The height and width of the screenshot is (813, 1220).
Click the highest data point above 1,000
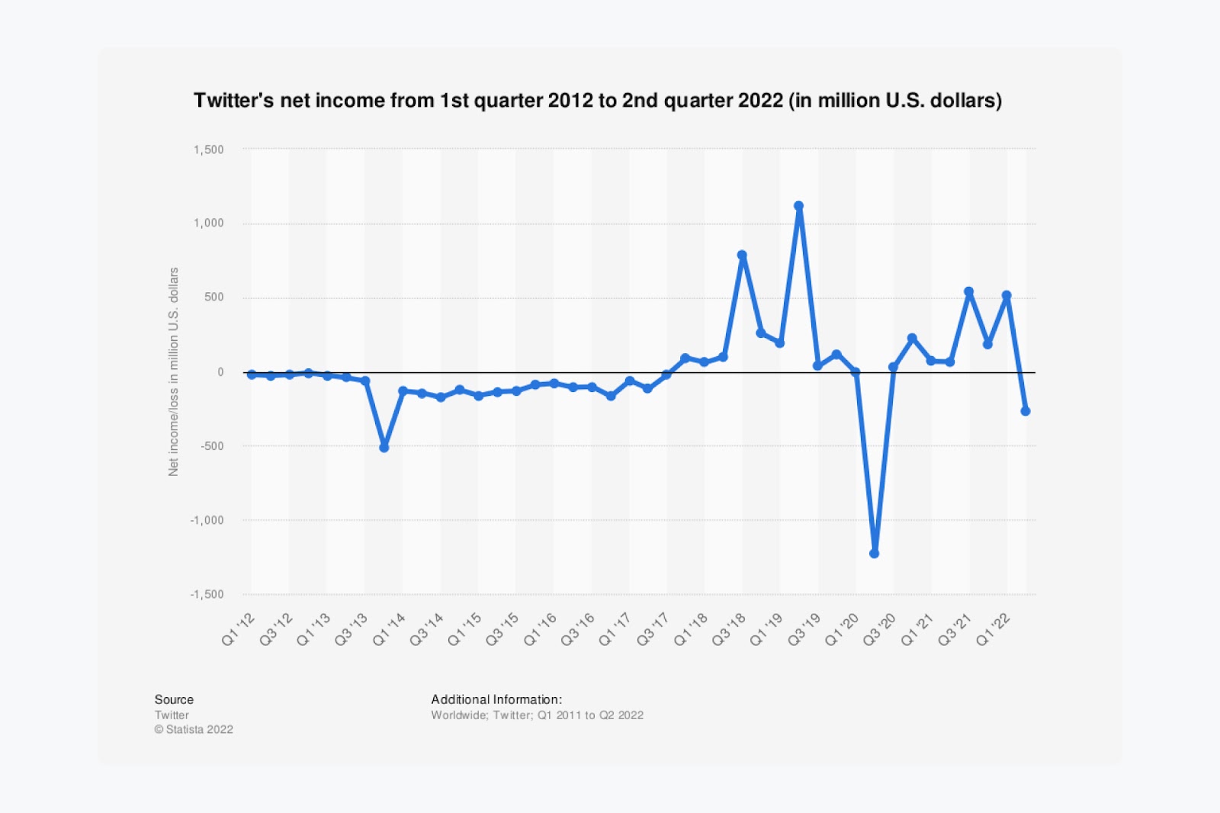798,206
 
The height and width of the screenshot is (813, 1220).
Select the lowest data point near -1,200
874,554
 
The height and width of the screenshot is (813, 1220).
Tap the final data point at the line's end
1025,411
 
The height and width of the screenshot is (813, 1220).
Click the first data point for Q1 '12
252,374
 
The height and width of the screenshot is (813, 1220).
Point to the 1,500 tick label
208,149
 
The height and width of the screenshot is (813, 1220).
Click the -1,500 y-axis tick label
207,594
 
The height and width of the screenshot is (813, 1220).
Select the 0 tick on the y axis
220,372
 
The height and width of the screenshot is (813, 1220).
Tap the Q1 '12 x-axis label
238,630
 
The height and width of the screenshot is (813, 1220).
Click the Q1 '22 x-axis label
994,630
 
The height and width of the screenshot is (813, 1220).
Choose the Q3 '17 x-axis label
653,630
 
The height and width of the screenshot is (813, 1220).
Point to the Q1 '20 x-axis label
842,630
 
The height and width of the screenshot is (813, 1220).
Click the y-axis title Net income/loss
174,371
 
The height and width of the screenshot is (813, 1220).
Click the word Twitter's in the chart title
233,101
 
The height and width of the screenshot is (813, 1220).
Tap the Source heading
174,699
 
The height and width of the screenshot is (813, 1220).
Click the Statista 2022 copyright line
194,729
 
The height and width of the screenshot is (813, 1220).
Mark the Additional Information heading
496,699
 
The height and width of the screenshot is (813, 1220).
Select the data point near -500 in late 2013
384,448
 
